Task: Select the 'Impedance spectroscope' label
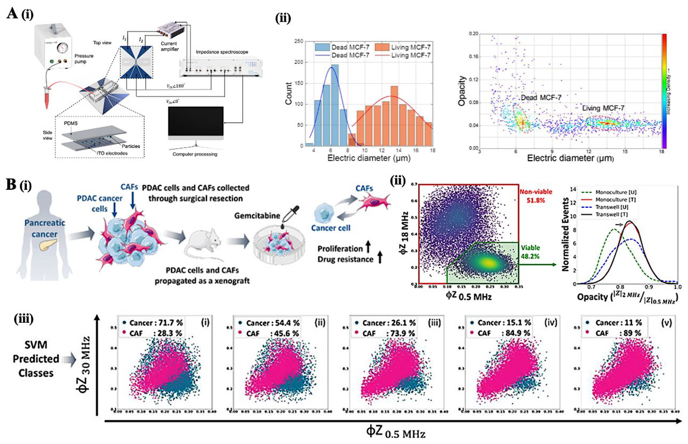[222, 52]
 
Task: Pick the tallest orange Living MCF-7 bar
[394, 116]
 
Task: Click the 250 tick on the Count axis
[299, 41]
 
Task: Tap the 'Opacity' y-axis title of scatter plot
[462, 91]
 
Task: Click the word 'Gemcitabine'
[257, 216]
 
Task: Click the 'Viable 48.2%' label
[530, 252]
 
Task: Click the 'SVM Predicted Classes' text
[36, 359]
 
